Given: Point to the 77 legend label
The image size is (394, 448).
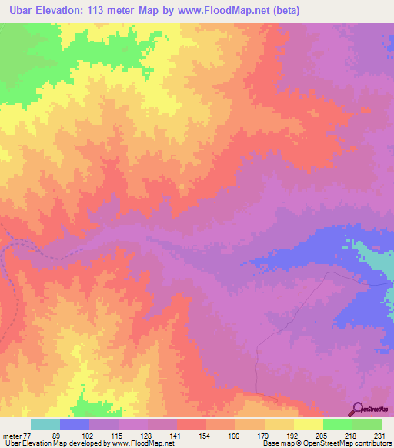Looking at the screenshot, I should tap(28, 435).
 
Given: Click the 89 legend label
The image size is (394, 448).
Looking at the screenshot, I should tap(56, 435).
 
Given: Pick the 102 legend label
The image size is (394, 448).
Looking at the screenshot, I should tap(87, 435).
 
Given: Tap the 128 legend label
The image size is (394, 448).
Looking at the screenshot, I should tap(145, 435).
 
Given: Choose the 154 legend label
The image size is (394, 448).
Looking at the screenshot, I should tap(205, 435).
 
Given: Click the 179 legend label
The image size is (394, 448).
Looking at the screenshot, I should tap(263, 435).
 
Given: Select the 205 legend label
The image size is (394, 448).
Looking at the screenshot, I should tap(322, 435).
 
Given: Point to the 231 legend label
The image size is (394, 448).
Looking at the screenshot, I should tap(379, 435).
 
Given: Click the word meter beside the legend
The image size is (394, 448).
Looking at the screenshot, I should tap(12, 435).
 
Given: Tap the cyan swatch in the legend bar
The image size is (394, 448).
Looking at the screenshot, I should tap(45, 424).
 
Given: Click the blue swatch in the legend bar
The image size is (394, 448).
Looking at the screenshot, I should tap(75, 424).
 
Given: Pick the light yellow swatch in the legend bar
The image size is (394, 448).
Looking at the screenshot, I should tap(309, 424).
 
